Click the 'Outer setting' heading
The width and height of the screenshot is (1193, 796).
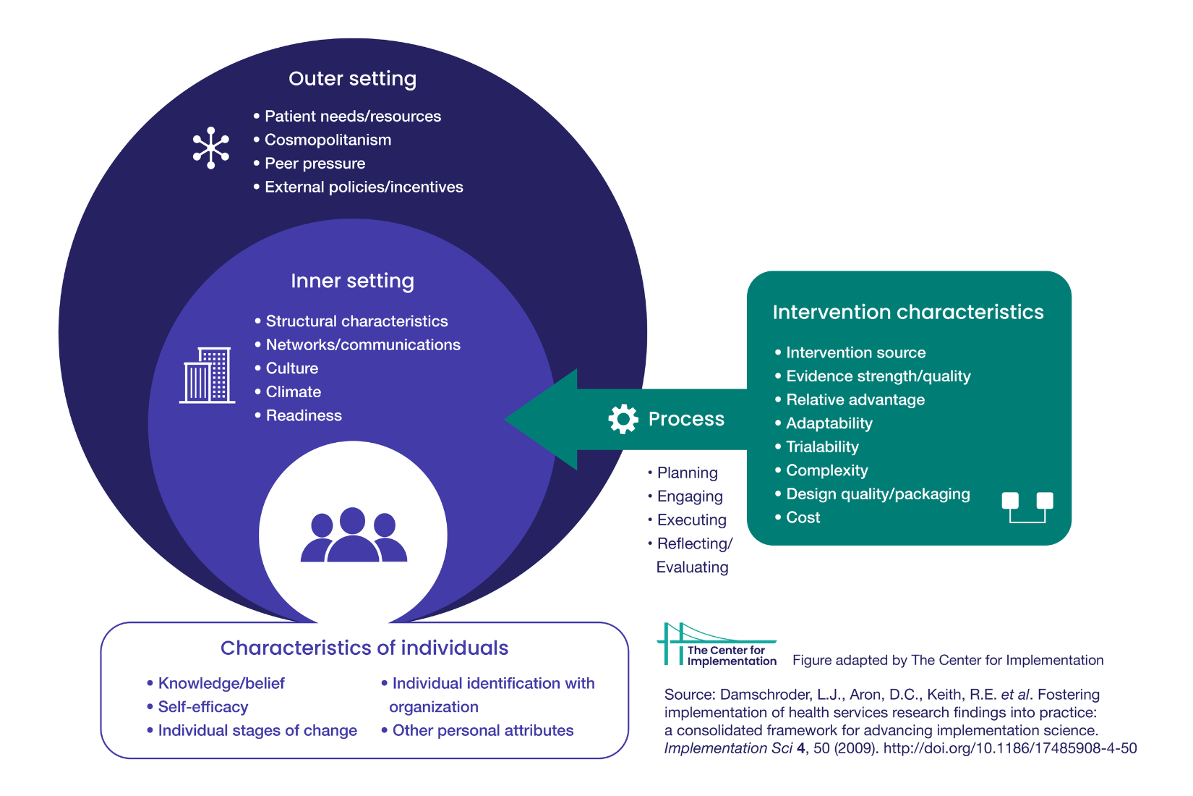tap(352, 78)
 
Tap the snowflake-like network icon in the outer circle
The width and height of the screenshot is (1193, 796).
tap(210, 148)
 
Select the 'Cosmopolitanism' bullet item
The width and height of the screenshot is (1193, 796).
tap(328, 140)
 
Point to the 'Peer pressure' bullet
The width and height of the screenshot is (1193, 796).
tap(315, 164)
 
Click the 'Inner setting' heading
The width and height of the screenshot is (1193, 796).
tap(352, 281)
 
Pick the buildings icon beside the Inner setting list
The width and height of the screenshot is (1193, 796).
tap(207, 375)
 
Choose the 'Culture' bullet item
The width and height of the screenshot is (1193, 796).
tap(291, 368)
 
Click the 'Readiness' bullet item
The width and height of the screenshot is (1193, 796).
tap(304, 415)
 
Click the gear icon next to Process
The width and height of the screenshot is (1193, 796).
tap(623, 419)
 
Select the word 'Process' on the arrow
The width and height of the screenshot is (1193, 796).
tap(686, 419)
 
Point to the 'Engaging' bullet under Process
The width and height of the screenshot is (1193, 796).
tap(689, 496)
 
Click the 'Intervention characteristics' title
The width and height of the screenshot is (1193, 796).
tap(908, 312)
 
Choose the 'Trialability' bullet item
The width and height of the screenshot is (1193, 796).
tap(822, 446)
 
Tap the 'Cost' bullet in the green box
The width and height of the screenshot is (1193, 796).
tap(803, 517)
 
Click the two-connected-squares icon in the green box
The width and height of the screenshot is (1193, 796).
tap(1027, 507)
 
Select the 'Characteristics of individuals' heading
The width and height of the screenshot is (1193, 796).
tap(364, 648)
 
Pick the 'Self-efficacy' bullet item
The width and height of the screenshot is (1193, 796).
tap(202, 707)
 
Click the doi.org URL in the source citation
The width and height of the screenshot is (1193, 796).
tap(1009, 748)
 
